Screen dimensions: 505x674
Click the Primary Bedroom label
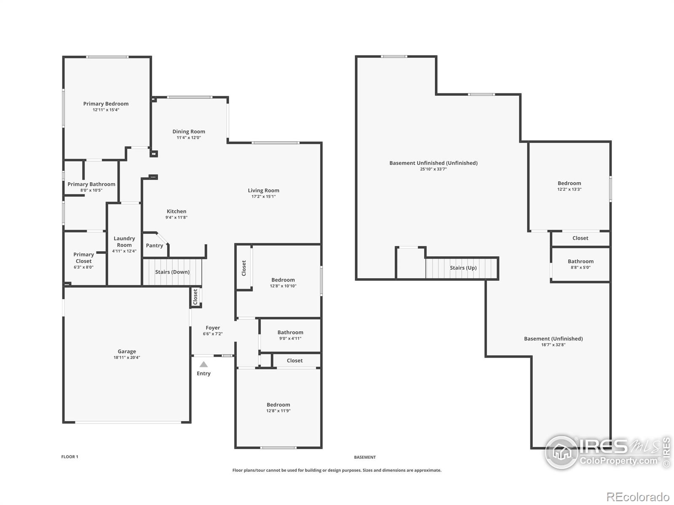pyautogui.click(x=106, y=104)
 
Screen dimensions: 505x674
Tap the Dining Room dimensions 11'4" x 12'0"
pyautogui.click(x=189, y=138)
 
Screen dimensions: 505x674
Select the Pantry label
pyautogui.click(x=154, y=245)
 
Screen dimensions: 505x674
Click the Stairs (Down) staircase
pyautogui.click(x=172, y=272)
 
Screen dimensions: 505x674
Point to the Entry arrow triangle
pyautogui.click(x=203, y=364)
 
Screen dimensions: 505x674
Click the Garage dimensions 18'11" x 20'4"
pyautogui.click(x=126, y=357)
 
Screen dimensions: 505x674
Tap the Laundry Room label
pyautogui.click(x=124, y=242)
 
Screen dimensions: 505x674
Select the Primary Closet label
pyautogui.click(x=83, y=258)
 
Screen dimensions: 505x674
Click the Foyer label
pyautogui.click(x=213, y=327)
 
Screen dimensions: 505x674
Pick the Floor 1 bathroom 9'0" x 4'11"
pyautogui.click(x=290, y=335)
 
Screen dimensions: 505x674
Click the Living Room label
pyautogui.click(x=263, y=190)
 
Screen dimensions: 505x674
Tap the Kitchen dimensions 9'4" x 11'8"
pyautogui.click(x=176, y=218)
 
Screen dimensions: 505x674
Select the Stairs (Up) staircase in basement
pyautogui.click(x=463, y=268)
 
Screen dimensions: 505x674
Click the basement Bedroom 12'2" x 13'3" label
pyautogui.click(x=569, y=183)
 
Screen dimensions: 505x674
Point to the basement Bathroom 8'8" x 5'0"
pyautogui.click(x=580, y=264)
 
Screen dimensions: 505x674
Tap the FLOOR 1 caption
pyautogui.click(x=70, y=457)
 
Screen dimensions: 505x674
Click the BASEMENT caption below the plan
pyautogui.click(x=365, y=457)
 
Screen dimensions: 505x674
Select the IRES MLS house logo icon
pyautogui.click(x=562, y=452)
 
